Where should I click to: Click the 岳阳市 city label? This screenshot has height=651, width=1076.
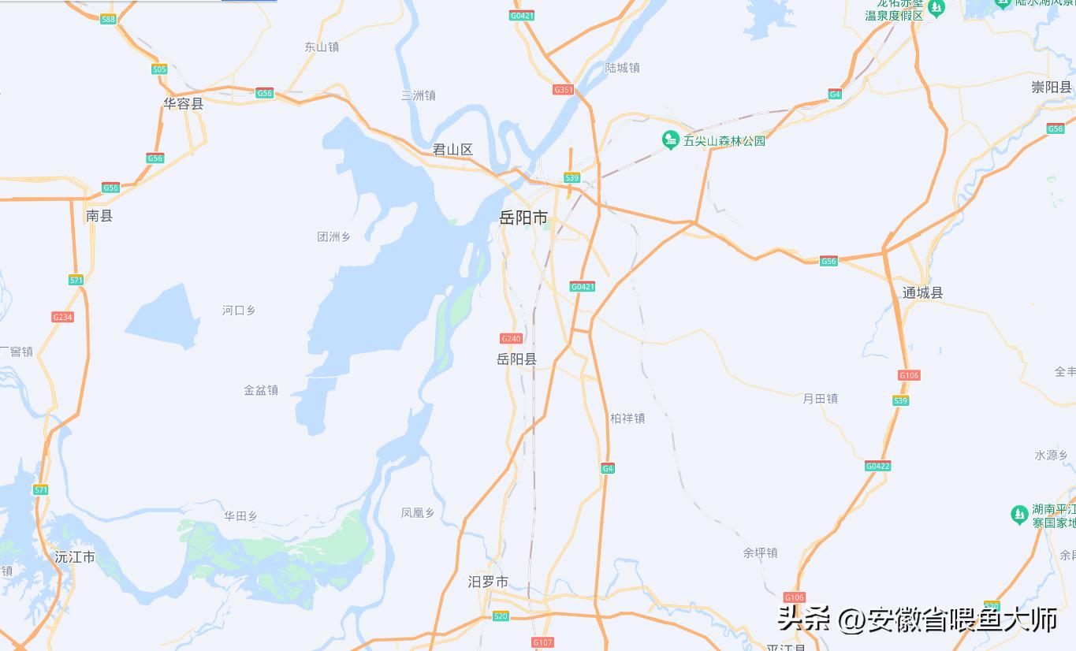[x=523, y=218]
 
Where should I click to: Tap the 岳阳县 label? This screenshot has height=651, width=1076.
[x=516, y=359]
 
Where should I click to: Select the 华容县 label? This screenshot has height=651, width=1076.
[x=183, y=104]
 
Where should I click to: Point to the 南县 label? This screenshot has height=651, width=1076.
[x=99, y=216]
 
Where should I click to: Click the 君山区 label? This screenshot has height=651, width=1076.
[x=452, y=150]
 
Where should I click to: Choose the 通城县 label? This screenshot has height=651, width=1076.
[x=922, y=293]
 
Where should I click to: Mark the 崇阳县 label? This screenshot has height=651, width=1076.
[x=1052, y=87]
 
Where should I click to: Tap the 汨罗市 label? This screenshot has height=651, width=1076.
[x=488, y=582]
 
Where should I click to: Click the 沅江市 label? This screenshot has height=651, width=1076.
[x=75, y=557]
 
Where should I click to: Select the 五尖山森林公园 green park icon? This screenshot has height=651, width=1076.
[x=670, y=140]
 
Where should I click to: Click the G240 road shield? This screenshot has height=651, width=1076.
[x=511, y=339]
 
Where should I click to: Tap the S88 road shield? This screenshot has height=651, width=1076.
[x=109, y=19]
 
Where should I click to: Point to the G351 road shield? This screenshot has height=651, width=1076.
[x=563, y=90]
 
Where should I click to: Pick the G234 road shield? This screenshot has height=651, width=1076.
[x=62, y=317]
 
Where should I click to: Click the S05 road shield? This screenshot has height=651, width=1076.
[x=159, y=69]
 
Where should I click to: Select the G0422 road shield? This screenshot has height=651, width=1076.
[x=877, y=466]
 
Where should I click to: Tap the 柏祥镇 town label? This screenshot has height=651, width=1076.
[x=627, y=418]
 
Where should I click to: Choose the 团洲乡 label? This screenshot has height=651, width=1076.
[x=333, y=237]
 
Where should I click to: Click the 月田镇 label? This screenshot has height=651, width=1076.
[x=820, y=399]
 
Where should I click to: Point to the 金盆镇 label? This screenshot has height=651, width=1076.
[x=261, y=390]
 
